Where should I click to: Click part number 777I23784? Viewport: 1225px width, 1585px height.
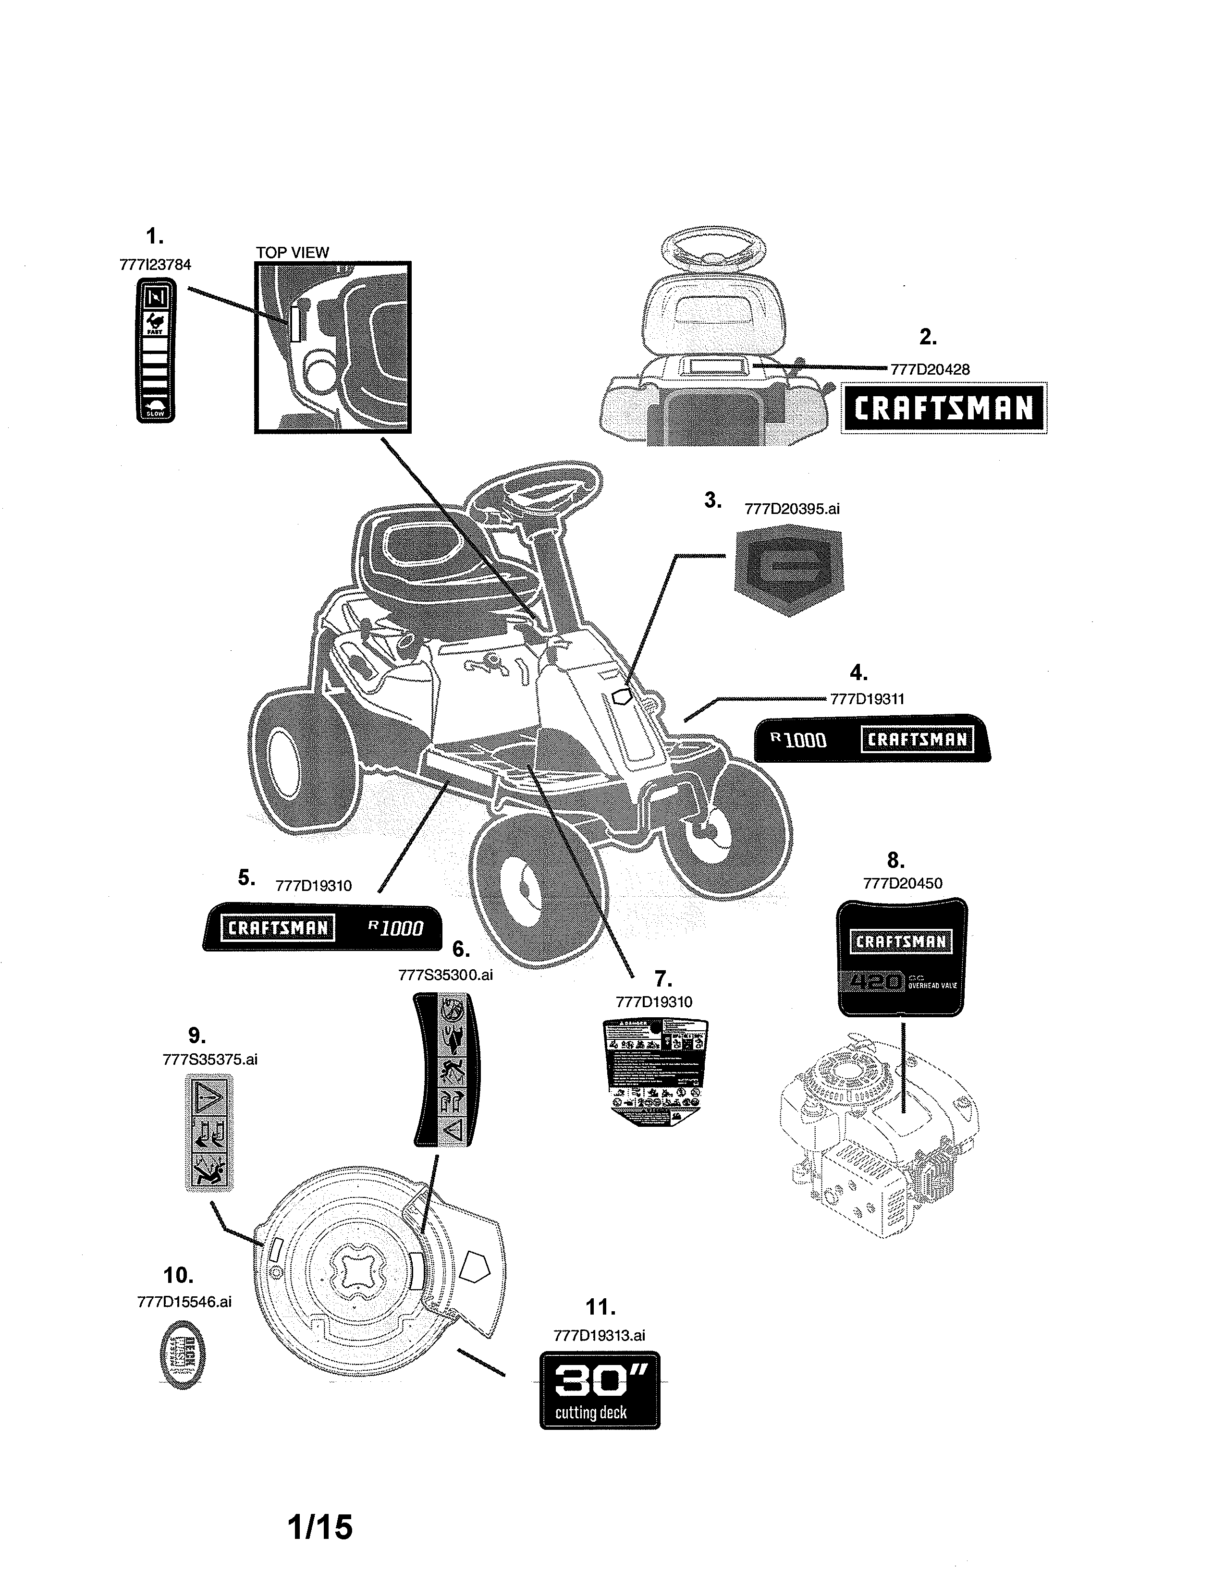(x=155, y=265)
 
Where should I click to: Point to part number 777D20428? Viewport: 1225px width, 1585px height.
(x=930, y=369)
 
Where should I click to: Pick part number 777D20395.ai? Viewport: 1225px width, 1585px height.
(x=792, y=509)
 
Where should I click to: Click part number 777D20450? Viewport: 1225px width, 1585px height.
(x=902, y=883)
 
